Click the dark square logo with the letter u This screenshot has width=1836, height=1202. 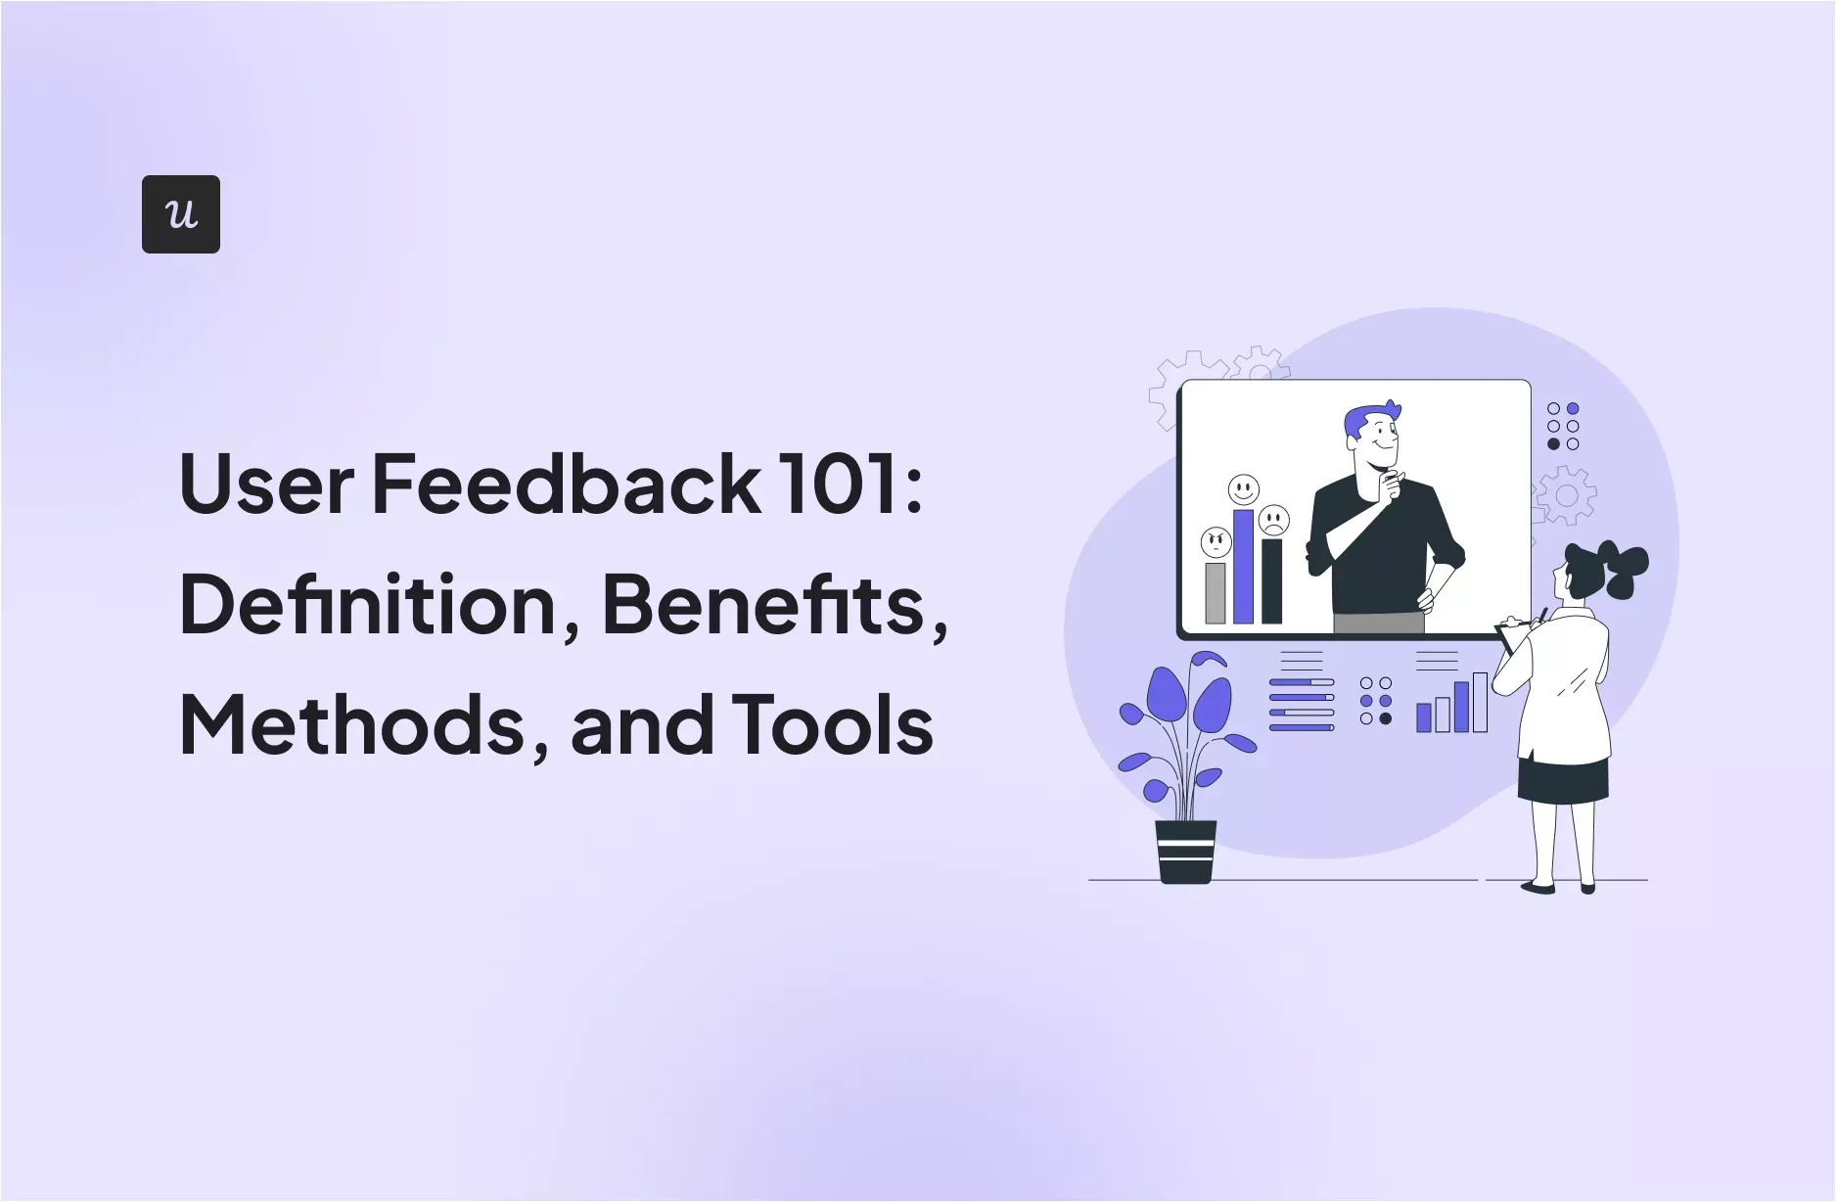pos(181,214)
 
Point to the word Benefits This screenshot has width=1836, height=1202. pos(763,605)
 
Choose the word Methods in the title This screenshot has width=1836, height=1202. pos(353,725)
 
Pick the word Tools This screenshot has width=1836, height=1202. pos(832,725)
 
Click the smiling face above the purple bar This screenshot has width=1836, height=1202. pos(1243,489)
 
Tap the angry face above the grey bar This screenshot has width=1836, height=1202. pos(1216,541)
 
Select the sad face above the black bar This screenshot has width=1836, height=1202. pos(1273,520)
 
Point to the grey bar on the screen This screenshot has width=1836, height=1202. pos(1216,592)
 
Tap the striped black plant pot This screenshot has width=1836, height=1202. pos(1185,851)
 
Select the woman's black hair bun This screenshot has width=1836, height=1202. pos(1626,570)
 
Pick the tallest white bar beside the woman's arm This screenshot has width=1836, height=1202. pos(1480,702)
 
